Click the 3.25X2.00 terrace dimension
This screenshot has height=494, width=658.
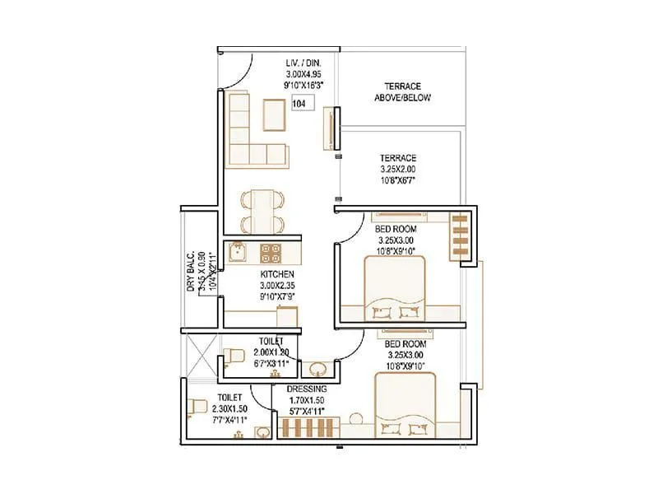pyautogui.click(x=397, y=170)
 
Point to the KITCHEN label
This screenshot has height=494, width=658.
pyautogui.click(x=277, y=274)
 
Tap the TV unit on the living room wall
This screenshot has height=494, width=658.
pyautogui.click(x=331, y=130)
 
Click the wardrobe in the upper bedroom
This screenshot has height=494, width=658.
pyautogui.click(x=460, y=236)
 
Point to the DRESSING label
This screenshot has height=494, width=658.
pyautogui.click(x=307, y=389)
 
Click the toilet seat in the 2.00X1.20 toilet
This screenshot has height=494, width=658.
pyautogui.click(x=234, y=356)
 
